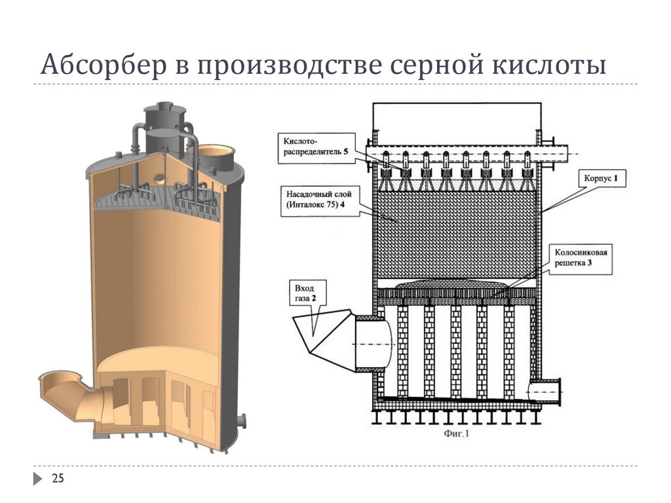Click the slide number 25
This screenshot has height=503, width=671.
58,479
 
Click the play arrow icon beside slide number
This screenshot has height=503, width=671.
38,479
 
